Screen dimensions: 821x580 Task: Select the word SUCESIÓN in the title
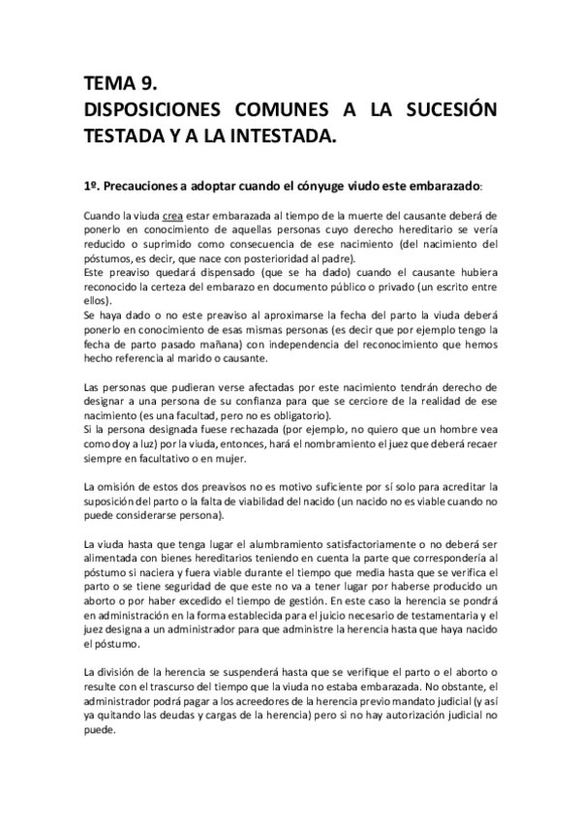[446, 109]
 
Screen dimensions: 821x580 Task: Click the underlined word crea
[172, 214]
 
